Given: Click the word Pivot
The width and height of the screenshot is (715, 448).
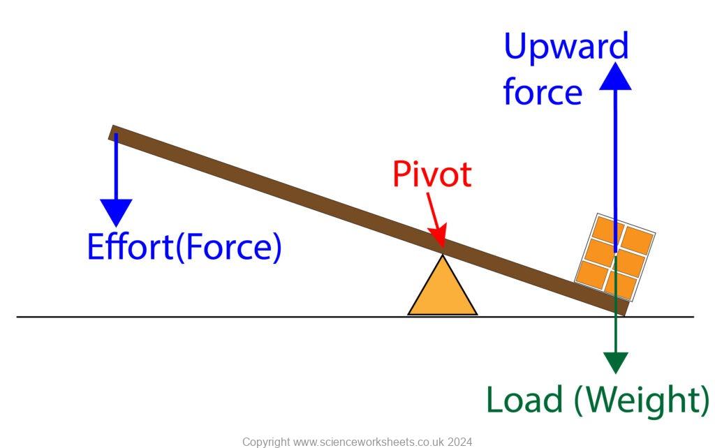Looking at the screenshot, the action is pyautogui.click(x=432, y=174).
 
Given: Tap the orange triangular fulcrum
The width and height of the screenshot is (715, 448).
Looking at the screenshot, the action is pyautogui.click(x=442, y=290).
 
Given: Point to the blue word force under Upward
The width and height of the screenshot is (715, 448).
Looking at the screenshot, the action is pyautogui.click(x=543, y=91).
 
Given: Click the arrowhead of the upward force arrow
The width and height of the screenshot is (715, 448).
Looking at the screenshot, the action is pyautogui.click(x=615, y=76).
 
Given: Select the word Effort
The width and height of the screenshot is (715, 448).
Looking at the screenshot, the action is pyautogui.click(x=129, y=246).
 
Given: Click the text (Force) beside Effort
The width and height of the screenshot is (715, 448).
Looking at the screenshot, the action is pyautogui.click(x=228, y=247).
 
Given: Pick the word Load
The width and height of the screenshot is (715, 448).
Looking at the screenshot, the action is pyautogui.click(x=524, y=400).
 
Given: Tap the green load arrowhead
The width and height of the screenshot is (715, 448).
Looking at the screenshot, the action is pyautogui.click(x=616, y=363).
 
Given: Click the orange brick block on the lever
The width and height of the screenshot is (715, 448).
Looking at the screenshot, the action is pyautogui.click(x=614, y=257).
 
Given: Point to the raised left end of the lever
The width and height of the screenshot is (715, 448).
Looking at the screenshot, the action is pyautogui.click(x=112, y=132).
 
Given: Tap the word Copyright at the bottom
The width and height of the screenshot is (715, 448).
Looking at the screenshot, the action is pyautogui.click(x=266, y=442).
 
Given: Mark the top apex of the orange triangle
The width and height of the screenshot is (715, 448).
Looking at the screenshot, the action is pyautogui.click(x=442, y=255).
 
